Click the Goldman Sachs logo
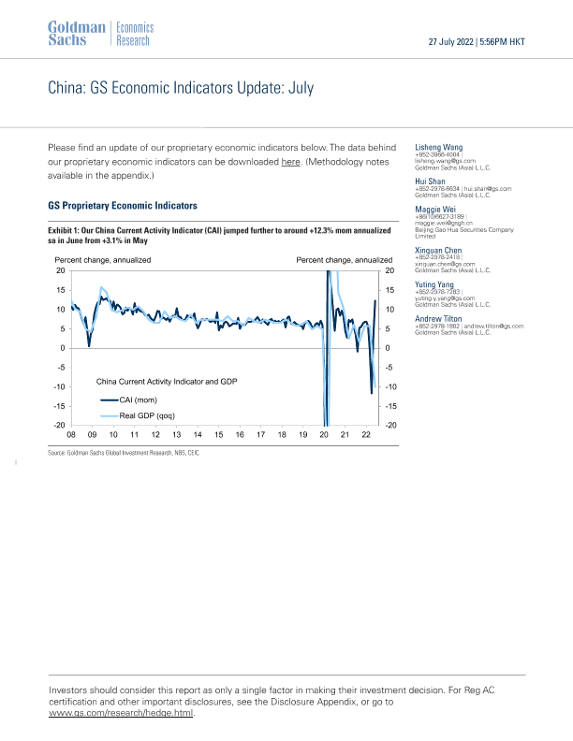click(x=76, y=33)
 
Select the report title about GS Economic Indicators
click(x=181, y=89)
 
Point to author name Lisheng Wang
click(x=439, y=147)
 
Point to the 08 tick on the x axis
click(x=71, y=435)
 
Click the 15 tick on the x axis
click(x=218, y=435)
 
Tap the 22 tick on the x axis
click(x=366, y=435)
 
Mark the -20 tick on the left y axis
click(x=59, y=426)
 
